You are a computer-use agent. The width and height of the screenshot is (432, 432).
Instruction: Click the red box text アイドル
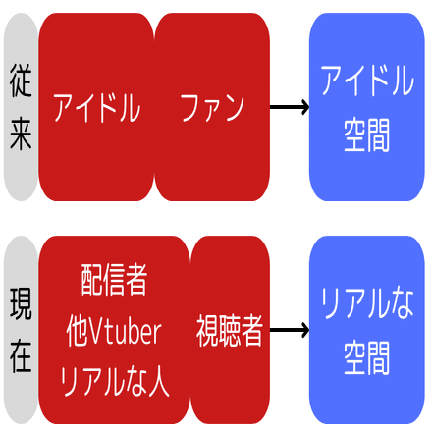point(97,107)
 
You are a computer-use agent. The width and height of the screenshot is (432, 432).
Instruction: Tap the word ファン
point(212,107)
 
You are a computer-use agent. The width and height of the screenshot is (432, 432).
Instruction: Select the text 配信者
point(114,280)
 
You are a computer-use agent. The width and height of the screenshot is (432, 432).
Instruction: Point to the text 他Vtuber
point(114,331)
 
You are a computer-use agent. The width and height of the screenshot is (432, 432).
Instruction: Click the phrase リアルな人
point(114,381)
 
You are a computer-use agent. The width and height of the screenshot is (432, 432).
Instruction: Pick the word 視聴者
point(230,331)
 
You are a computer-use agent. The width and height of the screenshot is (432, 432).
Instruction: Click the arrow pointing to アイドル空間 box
point(290,107)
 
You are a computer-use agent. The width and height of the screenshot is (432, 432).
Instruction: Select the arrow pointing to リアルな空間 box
point(290,330)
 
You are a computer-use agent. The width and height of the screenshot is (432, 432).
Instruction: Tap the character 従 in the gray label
point(21,81)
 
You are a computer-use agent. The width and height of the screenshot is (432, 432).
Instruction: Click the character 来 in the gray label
point(21,134)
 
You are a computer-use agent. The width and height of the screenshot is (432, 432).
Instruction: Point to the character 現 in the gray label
point(21,303)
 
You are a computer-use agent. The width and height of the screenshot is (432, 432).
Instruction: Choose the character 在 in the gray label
point(21,356)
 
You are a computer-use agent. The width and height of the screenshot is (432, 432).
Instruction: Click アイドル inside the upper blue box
point(367,81)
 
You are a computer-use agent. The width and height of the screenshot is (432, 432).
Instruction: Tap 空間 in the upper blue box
point(367,135)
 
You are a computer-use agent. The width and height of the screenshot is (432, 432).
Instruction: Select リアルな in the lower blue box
point(367,303)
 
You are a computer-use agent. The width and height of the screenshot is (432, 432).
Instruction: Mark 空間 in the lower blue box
point(367,357)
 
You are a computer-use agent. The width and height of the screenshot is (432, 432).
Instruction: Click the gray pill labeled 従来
point(21,107)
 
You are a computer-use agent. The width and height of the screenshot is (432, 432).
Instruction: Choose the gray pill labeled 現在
point(21,330)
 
